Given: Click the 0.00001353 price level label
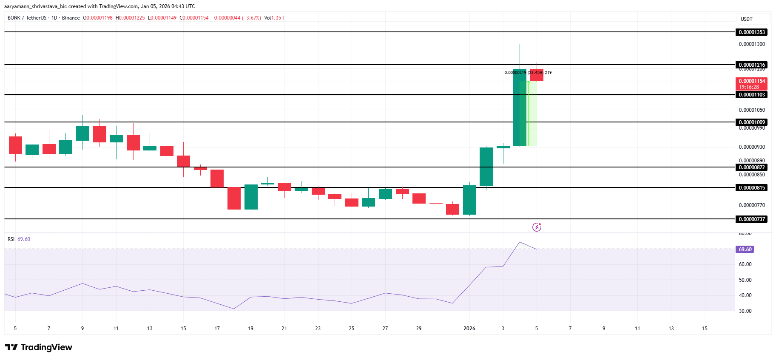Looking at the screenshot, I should [x=751, y=32].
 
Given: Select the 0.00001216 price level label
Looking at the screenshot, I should [x=751, y=65].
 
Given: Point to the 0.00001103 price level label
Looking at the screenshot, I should [x=751, y=95].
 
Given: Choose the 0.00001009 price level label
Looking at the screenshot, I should [x=751, y=122].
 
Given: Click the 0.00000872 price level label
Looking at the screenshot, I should [x=751, y=167].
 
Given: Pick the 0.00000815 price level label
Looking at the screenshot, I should [x=751, y=188].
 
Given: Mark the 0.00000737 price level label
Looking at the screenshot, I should [x=751, y=219].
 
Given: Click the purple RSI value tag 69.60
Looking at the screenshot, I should [x=745, y=249].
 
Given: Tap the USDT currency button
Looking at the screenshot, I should [x=753, y=19].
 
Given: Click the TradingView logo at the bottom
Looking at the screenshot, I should [x=39, y=347].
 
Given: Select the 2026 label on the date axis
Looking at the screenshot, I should [x=469, y=329].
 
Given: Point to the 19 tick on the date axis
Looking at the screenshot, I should [x=251, y=329].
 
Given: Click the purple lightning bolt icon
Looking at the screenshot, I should [x=537, y=227].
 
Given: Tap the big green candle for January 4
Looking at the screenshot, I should [x=520, y=108].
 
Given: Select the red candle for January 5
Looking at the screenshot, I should [x=537, y=75].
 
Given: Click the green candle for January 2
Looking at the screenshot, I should [x=486, y=167].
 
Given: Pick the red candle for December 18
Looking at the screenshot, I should [x=234, y=198].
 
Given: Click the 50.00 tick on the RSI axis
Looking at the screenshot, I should [x=745, y=280].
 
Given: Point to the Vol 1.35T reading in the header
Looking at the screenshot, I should [x=274, y=18].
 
